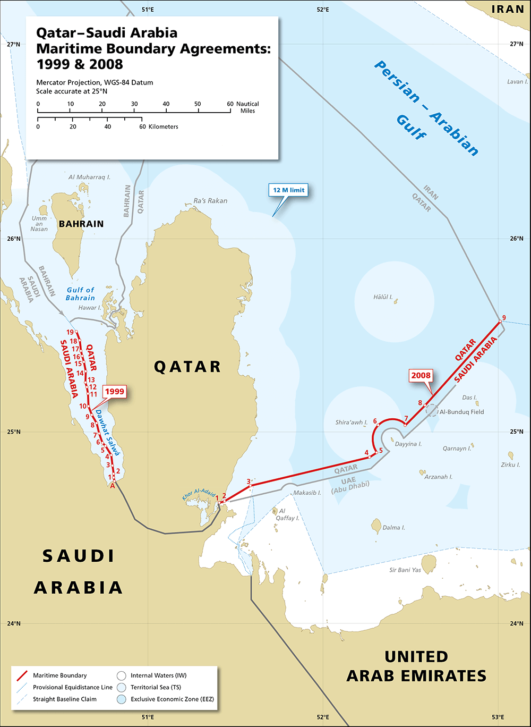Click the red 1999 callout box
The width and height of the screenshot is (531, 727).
[x=115, y=392]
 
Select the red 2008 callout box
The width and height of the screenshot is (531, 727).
[x=421, y=376]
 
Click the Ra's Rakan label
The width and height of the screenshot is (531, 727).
[x=210, y=201]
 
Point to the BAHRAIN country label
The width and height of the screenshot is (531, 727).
[x=81, y=224]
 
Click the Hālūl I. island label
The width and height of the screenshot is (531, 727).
[x=383, y=297]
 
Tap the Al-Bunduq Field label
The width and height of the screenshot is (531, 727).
[x=461, y=412]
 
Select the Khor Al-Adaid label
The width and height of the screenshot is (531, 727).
[x=198, y=494]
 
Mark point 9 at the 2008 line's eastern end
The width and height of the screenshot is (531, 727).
[x=500, y=321]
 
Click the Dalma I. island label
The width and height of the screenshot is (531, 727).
[x=393, y=528]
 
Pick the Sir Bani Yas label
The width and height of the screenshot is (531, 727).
[x=405, y=570]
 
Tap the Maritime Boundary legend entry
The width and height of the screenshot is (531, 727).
[x=59, y=675]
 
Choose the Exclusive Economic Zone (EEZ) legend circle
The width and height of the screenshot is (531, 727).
[x=121, y=699]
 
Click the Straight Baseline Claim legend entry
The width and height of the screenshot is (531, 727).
[x=65, y=699]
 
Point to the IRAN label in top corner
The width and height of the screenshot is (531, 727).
[x=509, y=9]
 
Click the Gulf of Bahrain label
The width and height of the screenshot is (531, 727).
[x=80, y=294]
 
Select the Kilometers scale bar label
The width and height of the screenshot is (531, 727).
[x=163, y=127]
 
